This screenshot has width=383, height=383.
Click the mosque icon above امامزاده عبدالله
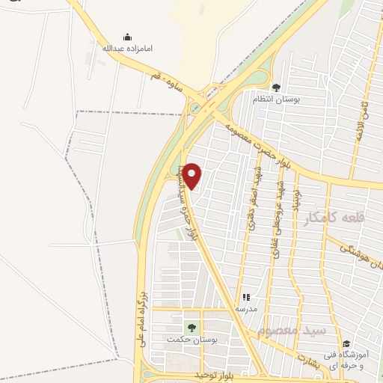127,37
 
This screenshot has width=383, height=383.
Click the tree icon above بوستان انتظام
276,88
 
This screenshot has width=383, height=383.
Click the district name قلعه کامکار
334,218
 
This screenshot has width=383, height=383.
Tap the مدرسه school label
246,308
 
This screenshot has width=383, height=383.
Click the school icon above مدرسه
246,297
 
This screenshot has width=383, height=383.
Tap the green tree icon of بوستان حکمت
189,328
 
